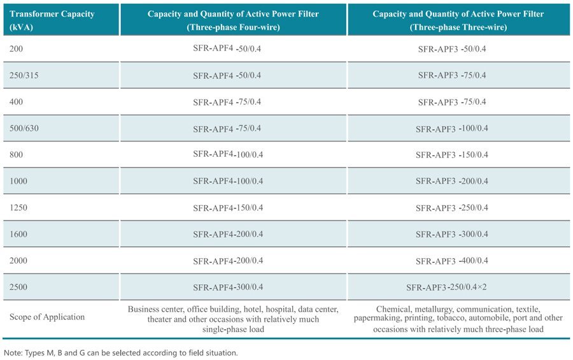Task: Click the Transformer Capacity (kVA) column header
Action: click(x=52, y=20)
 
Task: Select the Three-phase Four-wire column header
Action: click(x=233, y=20)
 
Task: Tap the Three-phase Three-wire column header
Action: click(x=458, y=20)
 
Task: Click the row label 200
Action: click(x=16, y=48)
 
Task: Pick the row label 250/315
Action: click(x=24, y=75)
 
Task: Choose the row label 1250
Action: click(x=18, y=208)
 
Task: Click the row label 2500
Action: click(x=18, y=287)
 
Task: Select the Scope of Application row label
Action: click(x=47, y=317)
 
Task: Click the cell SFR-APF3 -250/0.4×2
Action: click(x=446, y=287)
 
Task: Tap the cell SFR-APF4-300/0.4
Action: click(x=228, y=287)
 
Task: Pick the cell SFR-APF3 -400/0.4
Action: click(x=452, y=261)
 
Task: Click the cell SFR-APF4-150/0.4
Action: click(x=228, y=208)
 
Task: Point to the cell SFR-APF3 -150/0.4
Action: click(x=452, y=155)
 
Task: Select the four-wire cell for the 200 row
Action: click(x=227, y=48)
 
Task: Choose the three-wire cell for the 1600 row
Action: click(x=452, y=234)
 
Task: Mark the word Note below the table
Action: click(x=13, y=353)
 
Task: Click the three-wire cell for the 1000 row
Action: click(x=452, y=181)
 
